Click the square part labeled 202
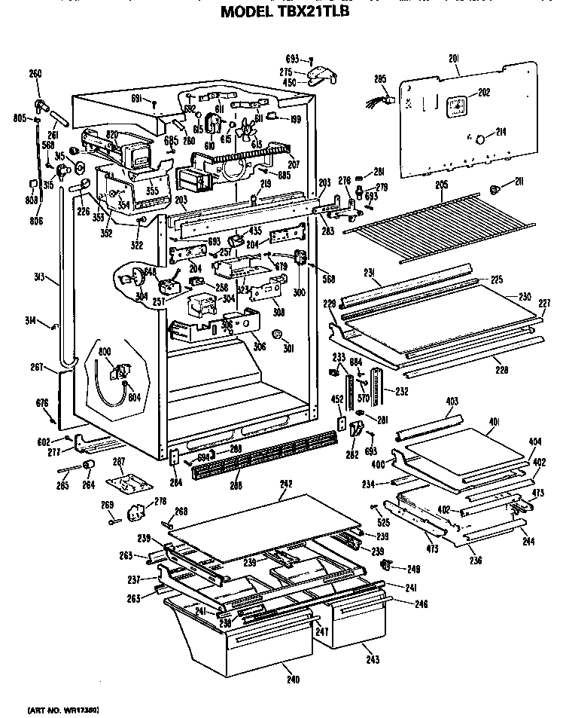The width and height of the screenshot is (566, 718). click(x=455, y=106)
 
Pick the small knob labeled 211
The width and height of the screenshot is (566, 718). click(x=495, y=188)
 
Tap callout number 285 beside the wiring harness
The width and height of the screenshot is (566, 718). click(x=380, y=78)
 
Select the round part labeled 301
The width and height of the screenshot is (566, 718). click(x=278, y=335)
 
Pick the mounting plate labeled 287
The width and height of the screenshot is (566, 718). click(x=120, y=478)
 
